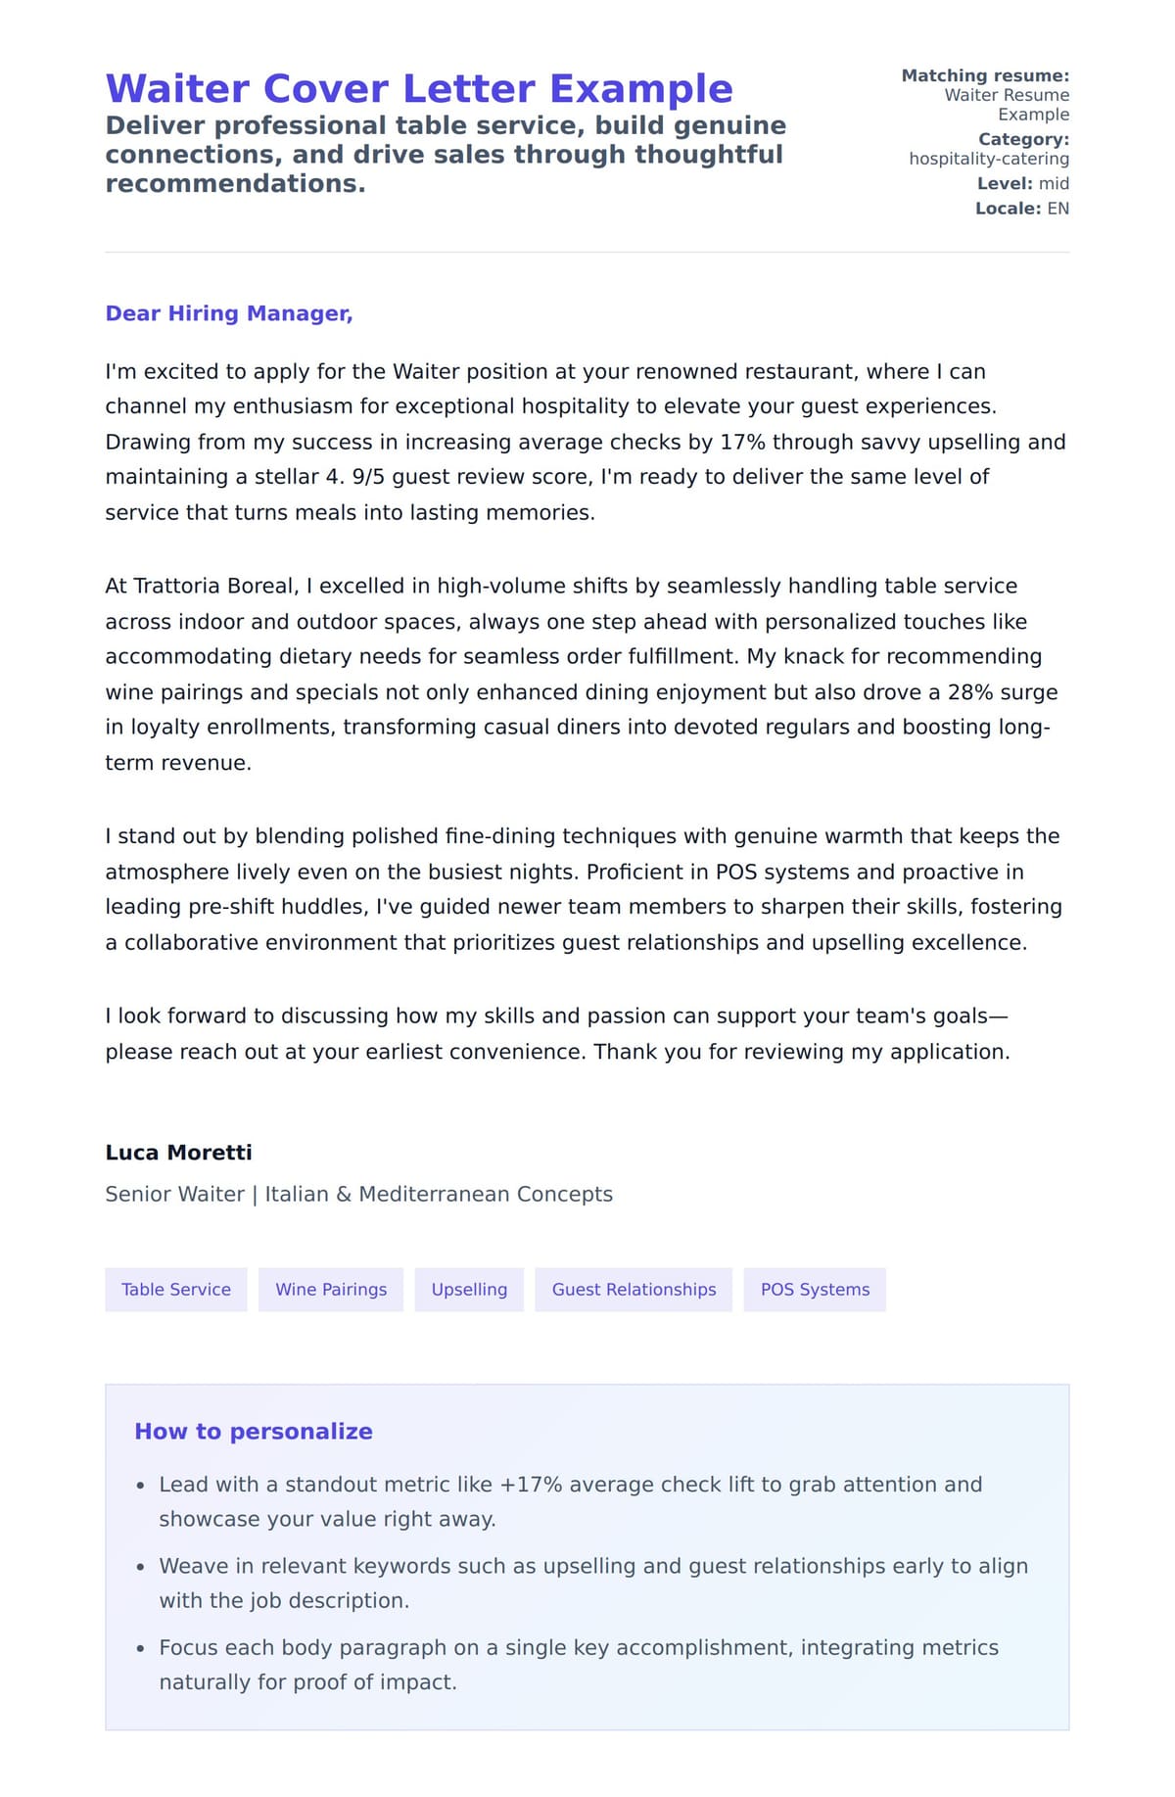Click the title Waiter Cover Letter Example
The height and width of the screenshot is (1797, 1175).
coord(419,89)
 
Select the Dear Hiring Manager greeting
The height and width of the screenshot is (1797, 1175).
coord(228,313)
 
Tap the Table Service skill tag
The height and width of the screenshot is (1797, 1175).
coord(176,1290)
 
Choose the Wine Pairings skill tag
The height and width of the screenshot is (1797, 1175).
coord(331,1290)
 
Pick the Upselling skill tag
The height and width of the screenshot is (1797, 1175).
coord(469,1290)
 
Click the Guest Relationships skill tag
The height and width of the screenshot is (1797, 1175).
coord(634,1290)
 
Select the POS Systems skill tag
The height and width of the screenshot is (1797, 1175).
coord(815,1290)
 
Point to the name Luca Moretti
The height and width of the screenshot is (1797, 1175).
coord(178,1153)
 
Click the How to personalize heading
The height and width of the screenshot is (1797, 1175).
coord(254,1432)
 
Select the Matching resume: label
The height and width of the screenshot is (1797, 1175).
coord(985,75)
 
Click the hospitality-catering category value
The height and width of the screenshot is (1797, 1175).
coord(989,159)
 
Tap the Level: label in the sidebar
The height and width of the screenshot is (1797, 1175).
coord(1005,184)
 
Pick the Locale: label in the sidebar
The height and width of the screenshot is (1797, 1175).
coord(1008,209)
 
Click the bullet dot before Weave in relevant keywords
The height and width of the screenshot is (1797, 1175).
coord(141,1567)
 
